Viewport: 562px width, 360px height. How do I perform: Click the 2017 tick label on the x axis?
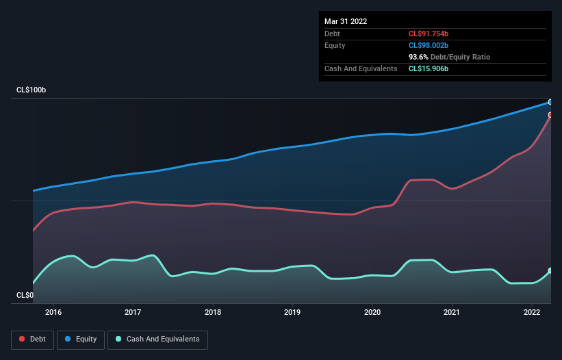[x=133, y=312]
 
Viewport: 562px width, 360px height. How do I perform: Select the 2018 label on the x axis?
[x=213, y=312]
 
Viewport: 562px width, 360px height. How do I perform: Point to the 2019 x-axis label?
[x=292, y=312]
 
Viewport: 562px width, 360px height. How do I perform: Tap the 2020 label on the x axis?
[x=372, y=312]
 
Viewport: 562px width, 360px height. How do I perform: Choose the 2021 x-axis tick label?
[x=452, y=312]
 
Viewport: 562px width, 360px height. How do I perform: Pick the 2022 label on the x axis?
[x=532, y=312]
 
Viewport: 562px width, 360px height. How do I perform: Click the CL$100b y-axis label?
[x=31, y=90]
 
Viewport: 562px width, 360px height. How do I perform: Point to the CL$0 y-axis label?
[x=24, y=295]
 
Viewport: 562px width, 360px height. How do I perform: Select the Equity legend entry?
[x=81, y=339]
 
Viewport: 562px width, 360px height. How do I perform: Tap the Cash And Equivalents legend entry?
[x=157, y=339]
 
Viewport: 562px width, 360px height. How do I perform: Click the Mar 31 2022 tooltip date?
[x=346, y=21]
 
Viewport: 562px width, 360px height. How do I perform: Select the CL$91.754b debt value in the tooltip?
[x=429, y=34]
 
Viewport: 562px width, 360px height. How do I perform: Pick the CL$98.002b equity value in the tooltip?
[x=429, y=45]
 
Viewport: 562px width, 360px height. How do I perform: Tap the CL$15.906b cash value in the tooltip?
[x=429, y=68]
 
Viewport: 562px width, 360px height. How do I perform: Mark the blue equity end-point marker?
[x=550, y=102]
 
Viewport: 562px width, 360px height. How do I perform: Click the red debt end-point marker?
[x=550, y=115]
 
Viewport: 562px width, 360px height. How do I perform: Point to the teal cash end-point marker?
[x=550, y=271]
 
